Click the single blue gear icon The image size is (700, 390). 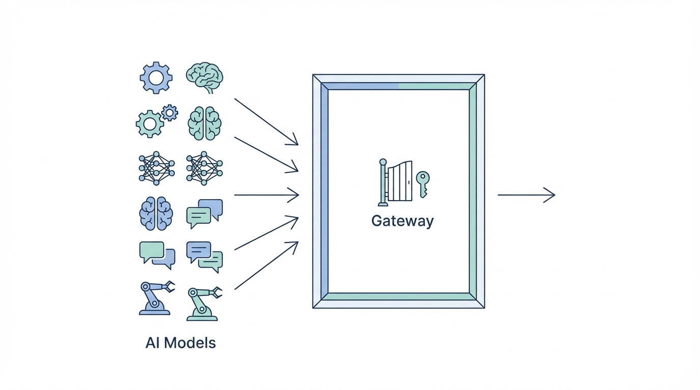(x=156, y=78)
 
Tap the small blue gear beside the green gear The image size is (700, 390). (x=169, y=112)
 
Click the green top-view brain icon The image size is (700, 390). (x=205, y=123)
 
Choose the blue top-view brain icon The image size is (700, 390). (x=156, y=213)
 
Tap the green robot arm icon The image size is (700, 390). (x=203, y=303)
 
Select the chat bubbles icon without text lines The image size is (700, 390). (x=157, y=254)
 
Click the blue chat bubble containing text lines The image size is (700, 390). (x=199, y=251)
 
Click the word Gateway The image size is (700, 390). (x=402, y=221)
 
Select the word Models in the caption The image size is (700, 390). (x=191, y=343)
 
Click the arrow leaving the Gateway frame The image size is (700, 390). (x=526, y=195)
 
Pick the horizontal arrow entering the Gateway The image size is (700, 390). (x=266, y=195)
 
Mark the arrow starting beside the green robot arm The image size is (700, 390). (x=266, y=266)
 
